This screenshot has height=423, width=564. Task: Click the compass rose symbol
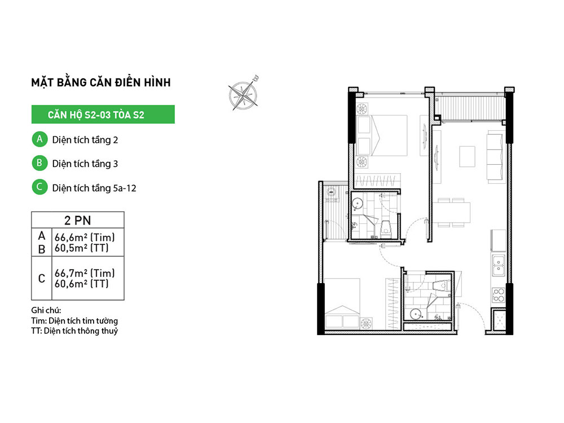[244, 94]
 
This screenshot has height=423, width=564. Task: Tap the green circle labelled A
[39, 139]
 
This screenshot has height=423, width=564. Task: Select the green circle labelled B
[39, 163]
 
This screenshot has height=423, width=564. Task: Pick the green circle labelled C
[39, 187]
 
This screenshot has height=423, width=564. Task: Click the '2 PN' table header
[78, 220]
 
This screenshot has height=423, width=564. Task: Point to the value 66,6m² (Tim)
[85, 237]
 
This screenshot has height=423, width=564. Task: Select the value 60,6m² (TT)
[82, 284]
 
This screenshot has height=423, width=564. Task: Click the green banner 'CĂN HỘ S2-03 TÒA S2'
[103, 114]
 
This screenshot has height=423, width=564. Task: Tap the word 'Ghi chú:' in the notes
[46, 310]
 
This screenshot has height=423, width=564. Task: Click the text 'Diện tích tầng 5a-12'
[94, 188]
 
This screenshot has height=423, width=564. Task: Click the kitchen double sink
[498, 265]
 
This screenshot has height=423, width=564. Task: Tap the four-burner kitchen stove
[499, 295]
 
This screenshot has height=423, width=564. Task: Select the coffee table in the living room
[467, 156]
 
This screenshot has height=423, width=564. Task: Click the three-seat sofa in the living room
[495, 157]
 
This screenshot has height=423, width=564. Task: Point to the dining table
[451, 213]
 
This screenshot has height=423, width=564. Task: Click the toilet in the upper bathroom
[385, 228]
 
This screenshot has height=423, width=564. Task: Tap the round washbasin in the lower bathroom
[416, 314]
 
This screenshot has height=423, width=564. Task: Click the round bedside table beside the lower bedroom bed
[366, 323]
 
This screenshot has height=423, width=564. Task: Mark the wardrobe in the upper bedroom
[378, 180]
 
